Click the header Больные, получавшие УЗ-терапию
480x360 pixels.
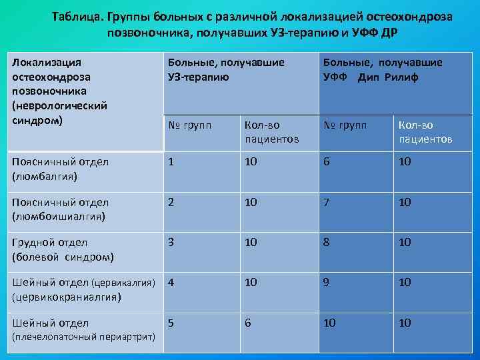click(227, 69)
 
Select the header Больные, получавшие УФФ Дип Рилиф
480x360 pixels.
click(382, 69)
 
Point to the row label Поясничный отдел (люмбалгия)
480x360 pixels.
click(61, 169)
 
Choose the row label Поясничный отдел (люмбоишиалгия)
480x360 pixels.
click(61, 209)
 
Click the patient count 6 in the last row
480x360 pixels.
click(248, 323)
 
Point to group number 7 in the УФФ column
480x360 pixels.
click(327, 202)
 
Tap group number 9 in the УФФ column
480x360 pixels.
click(327, 282)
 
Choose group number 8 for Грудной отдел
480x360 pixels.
click(327, 242)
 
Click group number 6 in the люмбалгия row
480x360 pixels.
click(327, 162)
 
